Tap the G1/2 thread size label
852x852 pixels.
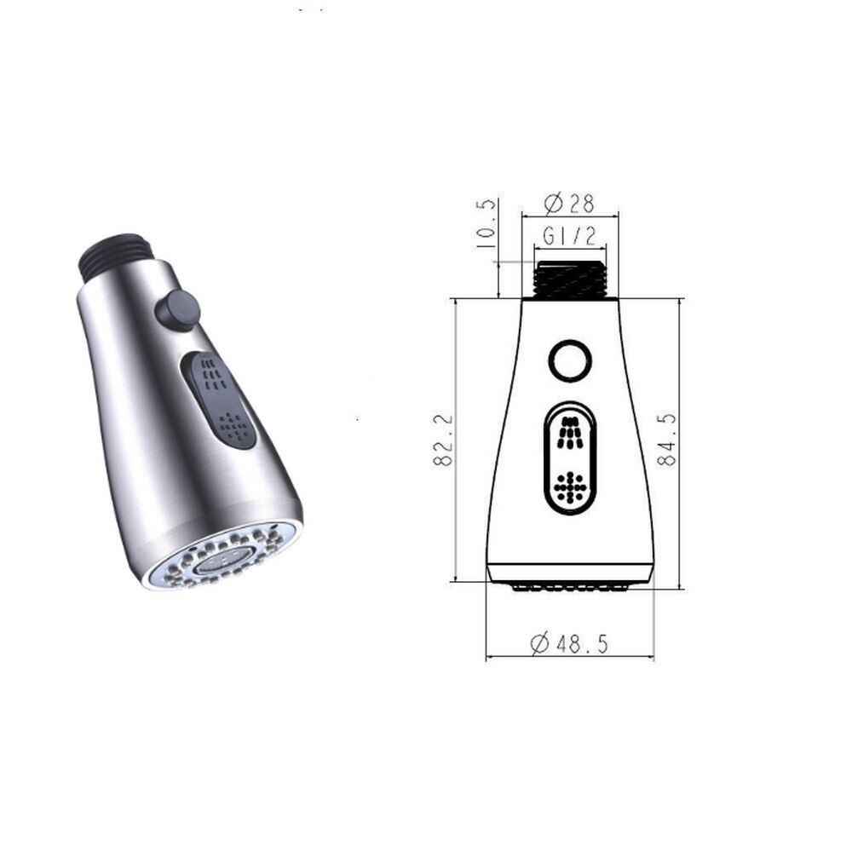[x=570, y=236]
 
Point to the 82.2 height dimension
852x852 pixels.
[x=441, y=440]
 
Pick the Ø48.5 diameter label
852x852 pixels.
[x=569, y=644]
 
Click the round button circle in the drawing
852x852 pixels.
[x=570, y=361]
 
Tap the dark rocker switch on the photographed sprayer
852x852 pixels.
[x=218, y=401]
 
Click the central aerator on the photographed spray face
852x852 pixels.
[x=218, y=560]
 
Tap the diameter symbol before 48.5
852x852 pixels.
[x=539, y=644]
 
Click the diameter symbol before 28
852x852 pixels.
[x=551, y=204]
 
